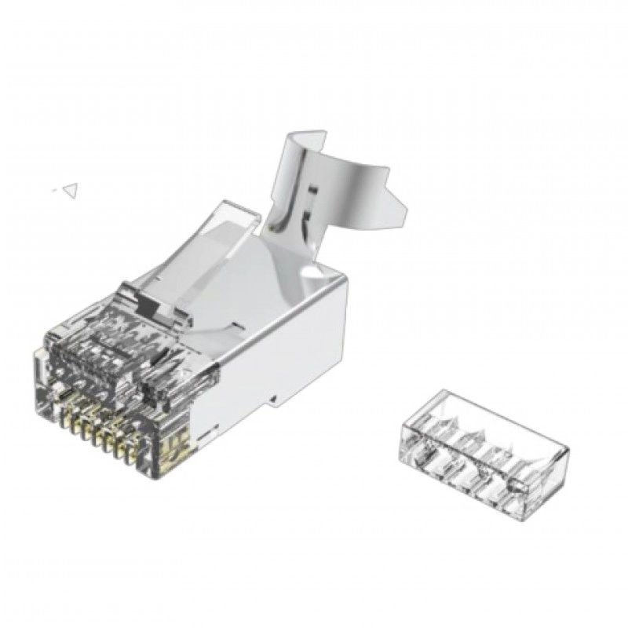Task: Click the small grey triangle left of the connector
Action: click(71, 188)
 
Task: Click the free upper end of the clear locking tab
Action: click(243, 214)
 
